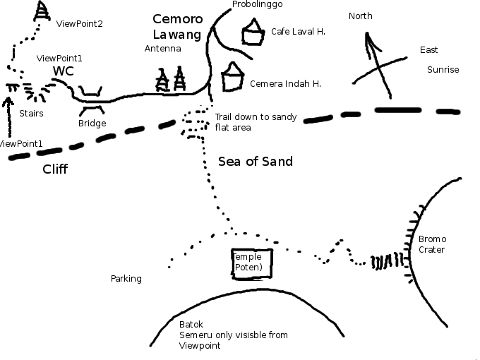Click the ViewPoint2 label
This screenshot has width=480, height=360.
(x=79, y=24)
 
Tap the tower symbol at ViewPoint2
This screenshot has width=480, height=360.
(x=42, y=11)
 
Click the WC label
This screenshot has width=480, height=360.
(x=63, y=71)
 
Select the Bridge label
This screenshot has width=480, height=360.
(x=92, y=124)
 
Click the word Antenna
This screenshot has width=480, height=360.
(x=163, y=49)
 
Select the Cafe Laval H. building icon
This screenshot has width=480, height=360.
(x=251, y=34)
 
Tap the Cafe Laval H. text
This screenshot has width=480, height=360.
(x=298, y=32)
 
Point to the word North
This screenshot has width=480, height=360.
(x=361, y=16)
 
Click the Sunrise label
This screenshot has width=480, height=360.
(x=443, y=70)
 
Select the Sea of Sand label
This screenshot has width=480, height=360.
(x=256, y=162)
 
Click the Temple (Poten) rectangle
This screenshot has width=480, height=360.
(x=252, y=262)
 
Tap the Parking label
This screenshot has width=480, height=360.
(x=126, y=279)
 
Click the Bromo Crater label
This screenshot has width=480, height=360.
(x=432, y=244)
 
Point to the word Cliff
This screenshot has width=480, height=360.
(x=55, y=169)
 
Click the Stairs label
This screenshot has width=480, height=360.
(x=31, y=113)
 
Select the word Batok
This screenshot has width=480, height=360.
(x=191, y=324)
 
